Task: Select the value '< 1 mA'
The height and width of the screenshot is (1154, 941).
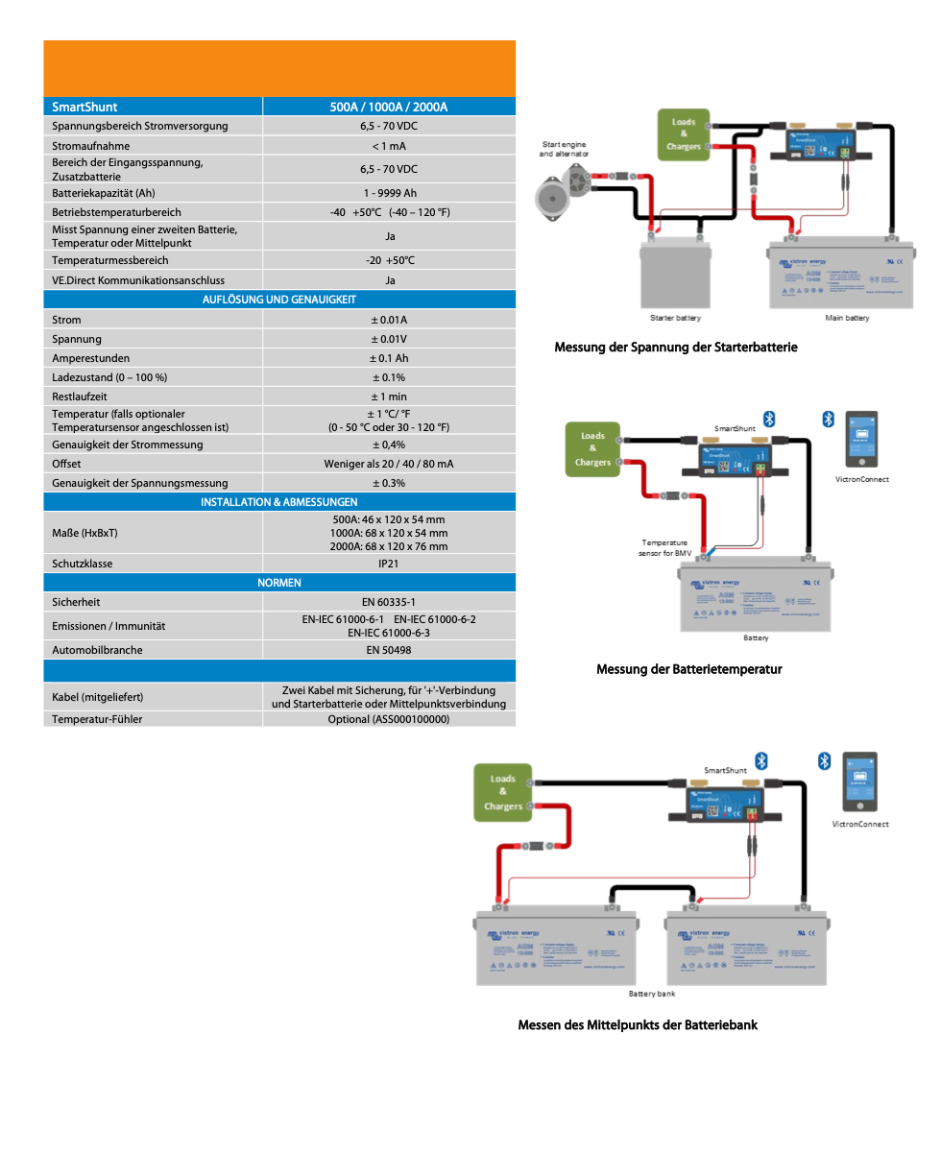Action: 389,146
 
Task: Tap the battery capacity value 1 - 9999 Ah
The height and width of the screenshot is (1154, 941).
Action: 389,193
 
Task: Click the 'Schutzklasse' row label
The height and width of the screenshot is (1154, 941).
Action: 83,564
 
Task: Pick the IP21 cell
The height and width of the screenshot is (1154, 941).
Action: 389,564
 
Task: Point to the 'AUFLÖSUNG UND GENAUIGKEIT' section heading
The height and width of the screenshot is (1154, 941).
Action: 279,300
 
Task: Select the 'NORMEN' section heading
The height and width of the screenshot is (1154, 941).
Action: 279,583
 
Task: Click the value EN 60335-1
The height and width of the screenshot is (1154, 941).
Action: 389,602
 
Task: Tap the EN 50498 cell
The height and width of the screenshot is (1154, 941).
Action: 389,650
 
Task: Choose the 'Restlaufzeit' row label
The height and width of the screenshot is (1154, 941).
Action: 80,397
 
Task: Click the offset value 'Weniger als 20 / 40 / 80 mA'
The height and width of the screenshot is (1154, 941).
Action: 389,464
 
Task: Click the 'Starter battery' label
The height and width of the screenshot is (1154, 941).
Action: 675,318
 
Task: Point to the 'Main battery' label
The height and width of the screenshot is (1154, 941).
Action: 847,318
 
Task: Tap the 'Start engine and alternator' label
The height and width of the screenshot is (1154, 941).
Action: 564,149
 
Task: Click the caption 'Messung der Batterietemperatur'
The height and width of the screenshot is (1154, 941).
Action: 688,669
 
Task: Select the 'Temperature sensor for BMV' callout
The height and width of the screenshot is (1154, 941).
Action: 665,548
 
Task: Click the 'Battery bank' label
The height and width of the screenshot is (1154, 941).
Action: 652,994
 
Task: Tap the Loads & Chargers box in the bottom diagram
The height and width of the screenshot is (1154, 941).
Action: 502,793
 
